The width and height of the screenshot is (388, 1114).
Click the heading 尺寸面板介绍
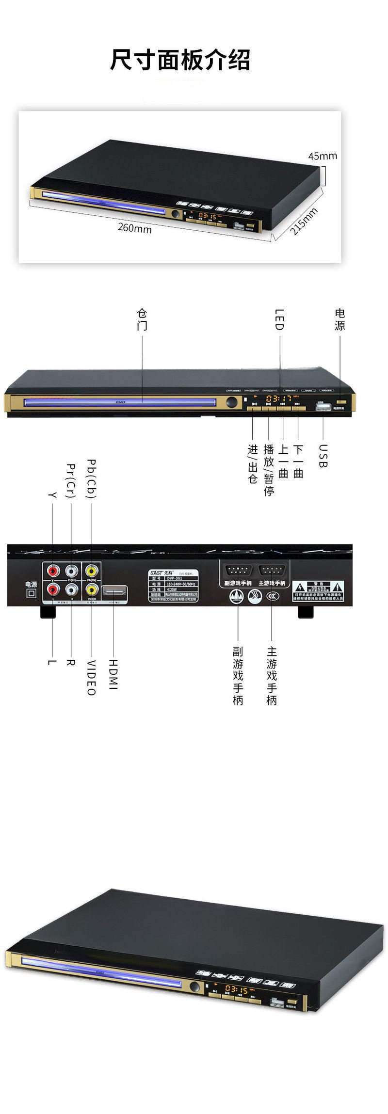pos(180,61)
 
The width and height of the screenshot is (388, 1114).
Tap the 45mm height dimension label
pos(322,156)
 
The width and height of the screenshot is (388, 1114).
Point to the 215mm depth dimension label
pos(304,221)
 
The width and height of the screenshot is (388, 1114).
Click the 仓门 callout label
pos(142,319)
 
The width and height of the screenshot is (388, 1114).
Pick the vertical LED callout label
pos(279,319)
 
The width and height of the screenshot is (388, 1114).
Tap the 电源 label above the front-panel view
pos(339,319)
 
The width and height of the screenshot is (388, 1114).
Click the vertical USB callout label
pos(323,456)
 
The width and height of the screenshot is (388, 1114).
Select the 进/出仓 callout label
pos(253,464)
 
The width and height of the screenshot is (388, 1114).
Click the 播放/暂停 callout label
pos(269,470)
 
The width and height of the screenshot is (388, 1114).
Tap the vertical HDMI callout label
pos(113,674)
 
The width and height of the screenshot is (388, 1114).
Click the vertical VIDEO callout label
pos(91,678)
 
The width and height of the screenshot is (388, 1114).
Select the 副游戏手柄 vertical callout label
pos(238,676)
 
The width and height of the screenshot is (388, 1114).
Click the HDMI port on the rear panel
pos(114,591)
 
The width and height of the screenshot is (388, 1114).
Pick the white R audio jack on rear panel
pos(72,589)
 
